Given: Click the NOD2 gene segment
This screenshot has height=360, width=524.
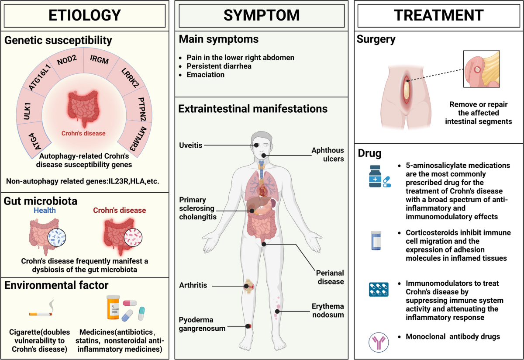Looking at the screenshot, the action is (67, 60).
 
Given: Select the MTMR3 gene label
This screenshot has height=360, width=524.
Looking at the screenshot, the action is (138, 138).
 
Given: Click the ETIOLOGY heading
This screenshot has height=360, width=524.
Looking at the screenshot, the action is (84, 15).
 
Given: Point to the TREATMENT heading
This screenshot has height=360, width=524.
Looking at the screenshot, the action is (438, 15).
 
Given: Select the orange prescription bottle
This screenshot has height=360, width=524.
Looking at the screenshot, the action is (113, 307).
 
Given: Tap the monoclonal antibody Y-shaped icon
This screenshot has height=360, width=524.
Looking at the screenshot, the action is (379, 343).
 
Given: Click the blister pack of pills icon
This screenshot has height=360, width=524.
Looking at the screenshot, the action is (379, 290).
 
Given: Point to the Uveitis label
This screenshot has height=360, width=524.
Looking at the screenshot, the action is (191, 145).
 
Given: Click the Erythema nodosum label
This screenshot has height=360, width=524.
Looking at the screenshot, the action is (328, 310).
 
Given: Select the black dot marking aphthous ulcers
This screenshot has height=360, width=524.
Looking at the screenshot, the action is (264, 156).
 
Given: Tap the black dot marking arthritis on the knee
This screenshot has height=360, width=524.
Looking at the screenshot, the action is (246, 286).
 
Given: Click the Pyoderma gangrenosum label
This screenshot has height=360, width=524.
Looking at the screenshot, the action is (202, 324).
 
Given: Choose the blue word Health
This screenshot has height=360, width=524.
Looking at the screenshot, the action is (45, 210).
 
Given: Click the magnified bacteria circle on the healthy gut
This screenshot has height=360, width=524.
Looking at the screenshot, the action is (57, 237).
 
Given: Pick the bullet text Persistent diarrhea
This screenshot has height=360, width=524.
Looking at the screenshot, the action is (219, 66).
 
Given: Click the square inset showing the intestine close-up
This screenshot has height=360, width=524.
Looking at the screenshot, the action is (482, 69).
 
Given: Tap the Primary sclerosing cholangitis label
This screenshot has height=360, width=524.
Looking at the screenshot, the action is (198, 208).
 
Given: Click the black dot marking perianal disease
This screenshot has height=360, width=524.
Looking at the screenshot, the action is (264, 244).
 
